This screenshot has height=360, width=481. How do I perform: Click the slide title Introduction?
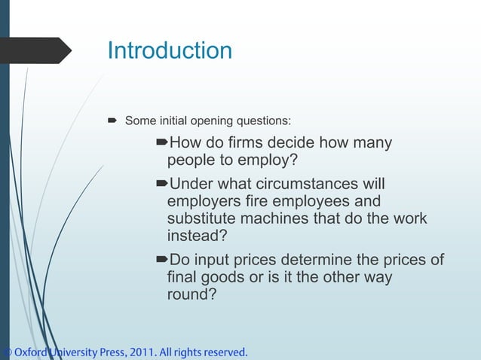170,50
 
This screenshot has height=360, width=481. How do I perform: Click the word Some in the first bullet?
138,120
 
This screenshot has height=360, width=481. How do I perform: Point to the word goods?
228,277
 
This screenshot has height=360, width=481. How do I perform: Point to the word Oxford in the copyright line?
29,352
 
